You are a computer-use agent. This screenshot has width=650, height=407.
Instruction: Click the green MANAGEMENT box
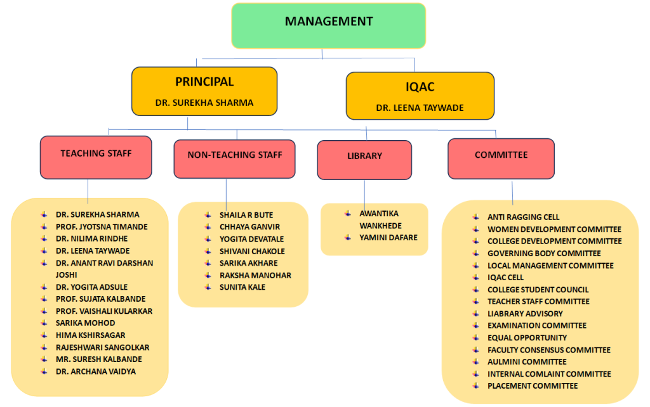[x=328, y=25]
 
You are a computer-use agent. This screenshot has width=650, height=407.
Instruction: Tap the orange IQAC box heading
[x=420, y=87]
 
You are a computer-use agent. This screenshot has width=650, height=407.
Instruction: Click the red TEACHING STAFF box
[x=96, y=157]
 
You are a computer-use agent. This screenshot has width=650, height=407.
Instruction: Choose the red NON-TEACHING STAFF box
[x=234, y=158]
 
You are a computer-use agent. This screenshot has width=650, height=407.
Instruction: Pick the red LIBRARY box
[x=364, y=159]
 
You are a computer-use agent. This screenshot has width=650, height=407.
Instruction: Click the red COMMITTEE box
[x=501, y=158]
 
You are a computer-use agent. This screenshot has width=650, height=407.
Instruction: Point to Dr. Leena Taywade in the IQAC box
[x=420, y=108]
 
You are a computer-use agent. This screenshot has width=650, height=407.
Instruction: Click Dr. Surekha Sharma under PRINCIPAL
[x=204, y=103]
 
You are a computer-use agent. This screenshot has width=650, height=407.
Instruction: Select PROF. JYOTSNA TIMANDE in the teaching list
[x=102, y=226]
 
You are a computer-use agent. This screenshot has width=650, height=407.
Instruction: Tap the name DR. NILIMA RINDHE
[x=91, y=238]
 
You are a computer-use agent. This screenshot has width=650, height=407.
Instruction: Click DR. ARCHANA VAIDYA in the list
[x=95, y=371]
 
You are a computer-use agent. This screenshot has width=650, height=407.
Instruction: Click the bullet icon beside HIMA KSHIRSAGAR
[x=44, y=335]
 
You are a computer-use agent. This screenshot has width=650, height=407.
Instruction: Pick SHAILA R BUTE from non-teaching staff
[x=246, y=215]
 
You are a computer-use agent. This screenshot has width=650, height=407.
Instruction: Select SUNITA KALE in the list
[x=242, y=287]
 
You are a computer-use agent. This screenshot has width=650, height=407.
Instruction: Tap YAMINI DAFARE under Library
[x=388, y=238]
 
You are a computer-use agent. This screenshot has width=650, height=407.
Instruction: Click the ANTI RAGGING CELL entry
[x=523, y=217]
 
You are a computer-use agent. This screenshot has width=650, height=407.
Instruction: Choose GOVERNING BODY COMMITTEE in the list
[x=535, y=253]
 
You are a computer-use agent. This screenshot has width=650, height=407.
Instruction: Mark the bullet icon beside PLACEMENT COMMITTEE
[x=475, y=385]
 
